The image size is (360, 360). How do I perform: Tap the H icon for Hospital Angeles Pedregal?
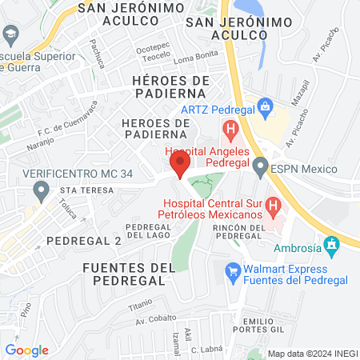230,127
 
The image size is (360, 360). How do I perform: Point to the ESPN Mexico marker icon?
260,168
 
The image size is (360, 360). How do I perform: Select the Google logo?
27,350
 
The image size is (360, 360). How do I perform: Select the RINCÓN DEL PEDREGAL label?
239,232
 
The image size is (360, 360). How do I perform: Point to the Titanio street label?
141,306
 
